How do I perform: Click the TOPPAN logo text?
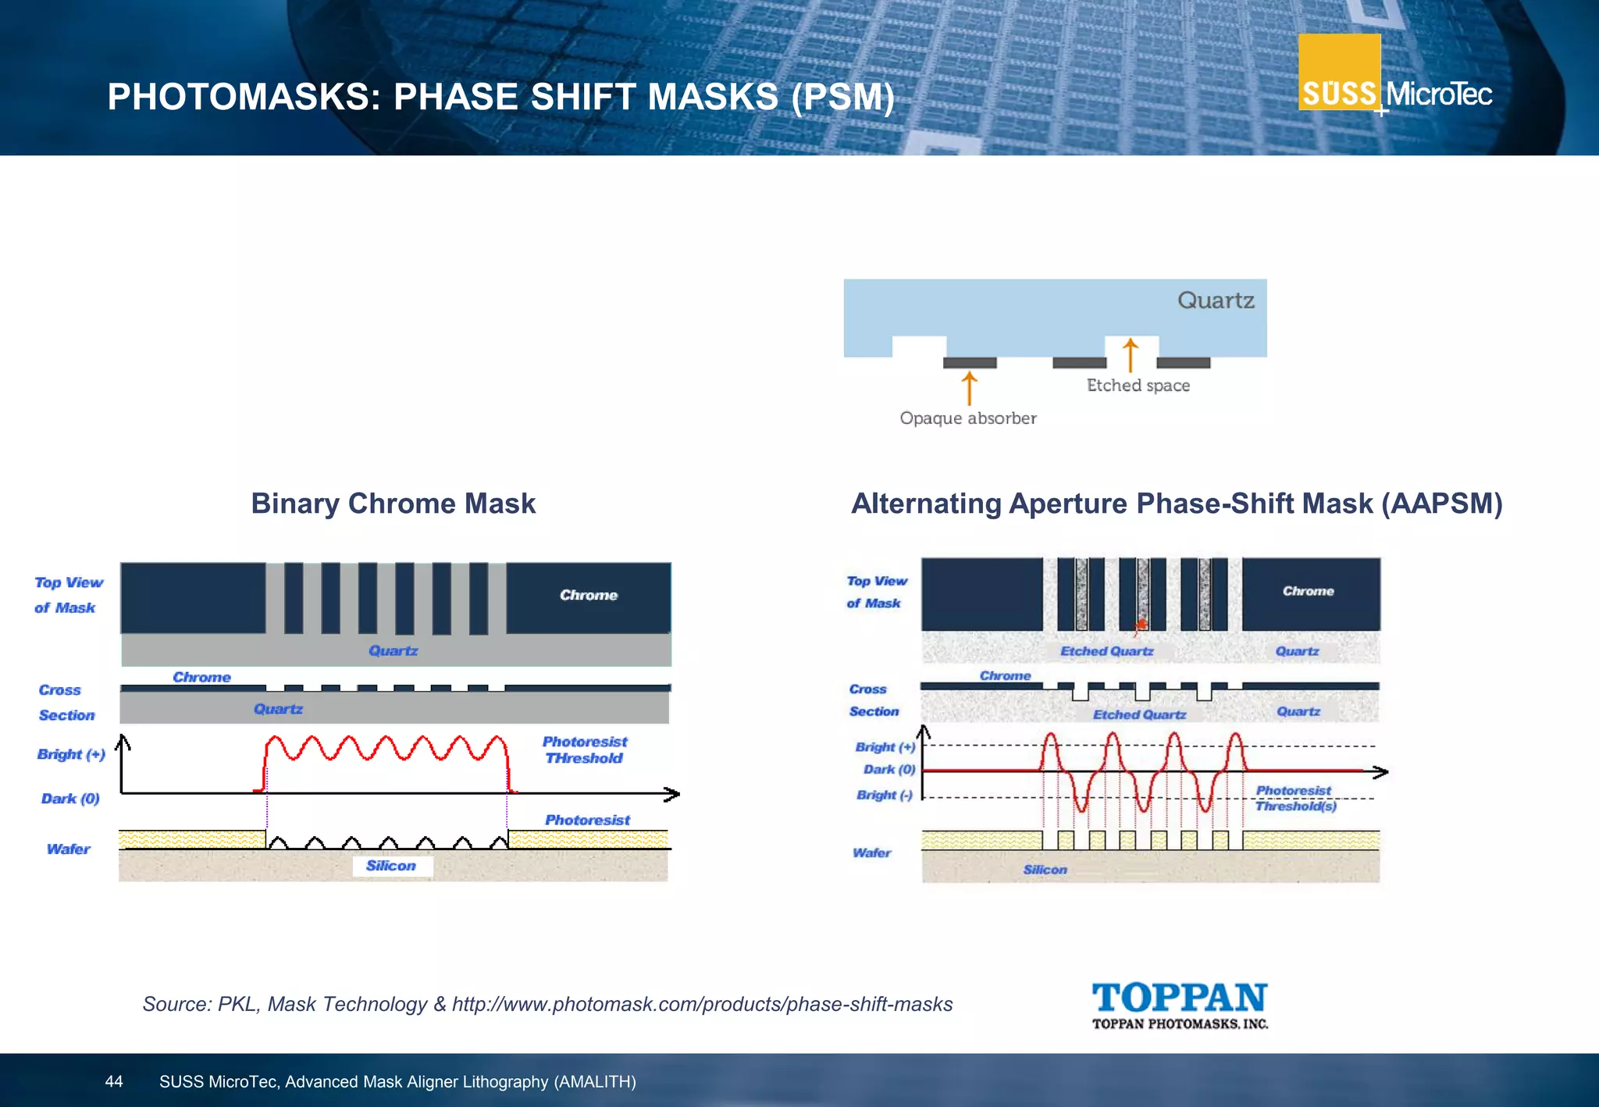tap(1179, 998)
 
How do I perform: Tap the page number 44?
tap(114, 1081)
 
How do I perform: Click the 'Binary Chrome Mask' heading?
tap(393, 504)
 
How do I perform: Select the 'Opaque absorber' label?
tap(967, 418)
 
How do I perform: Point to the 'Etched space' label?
tap(1138, 386)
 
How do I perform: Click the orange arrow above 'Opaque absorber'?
tap(969, 388)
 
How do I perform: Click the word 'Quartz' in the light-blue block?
tap(1215, 301)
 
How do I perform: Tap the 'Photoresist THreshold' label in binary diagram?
tap(584, 750)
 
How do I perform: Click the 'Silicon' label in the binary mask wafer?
tap(391, 866)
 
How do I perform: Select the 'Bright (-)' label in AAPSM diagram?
tap(884, 796)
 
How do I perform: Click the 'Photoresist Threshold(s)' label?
tap(1295, 799)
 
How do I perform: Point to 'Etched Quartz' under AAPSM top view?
tap(1106, 651)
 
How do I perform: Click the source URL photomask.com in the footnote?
tap(702, 1004)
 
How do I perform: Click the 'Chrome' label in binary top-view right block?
tap(588, 595)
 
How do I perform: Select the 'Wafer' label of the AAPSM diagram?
tap(871, 852)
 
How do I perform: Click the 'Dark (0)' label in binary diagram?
tap(70, 799)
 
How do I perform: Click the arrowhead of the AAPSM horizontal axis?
tap(1380, 772)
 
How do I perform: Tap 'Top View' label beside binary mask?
tap(69, 582)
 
